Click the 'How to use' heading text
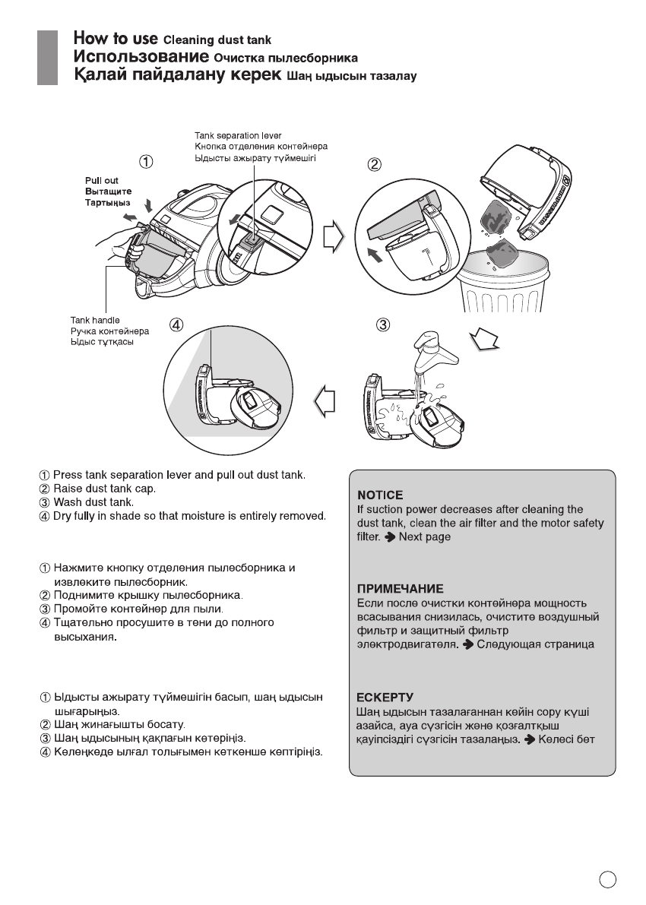coord(115,39)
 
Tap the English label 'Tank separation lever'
coord(238,136)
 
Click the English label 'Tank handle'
coord(95,321)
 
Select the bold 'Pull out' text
coord(101,181)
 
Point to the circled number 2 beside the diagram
coord(375,163)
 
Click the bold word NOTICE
coord(380,495)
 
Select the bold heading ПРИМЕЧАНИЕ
coord(401,589)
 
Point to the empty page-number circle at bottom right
coord(606,880)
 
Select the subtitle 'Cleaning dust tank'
coord(217,40)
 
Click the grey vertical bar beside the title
coord(48,57)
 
